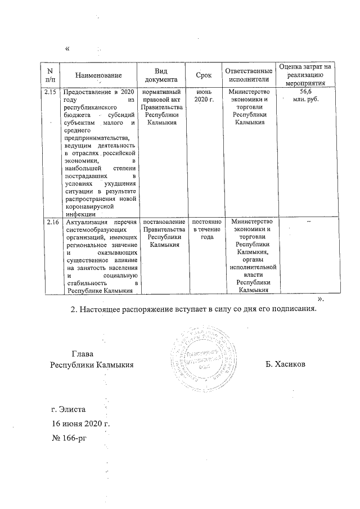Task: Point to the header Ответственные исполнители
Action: [249, 75]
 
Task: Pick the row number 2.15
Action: [49, 92]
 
